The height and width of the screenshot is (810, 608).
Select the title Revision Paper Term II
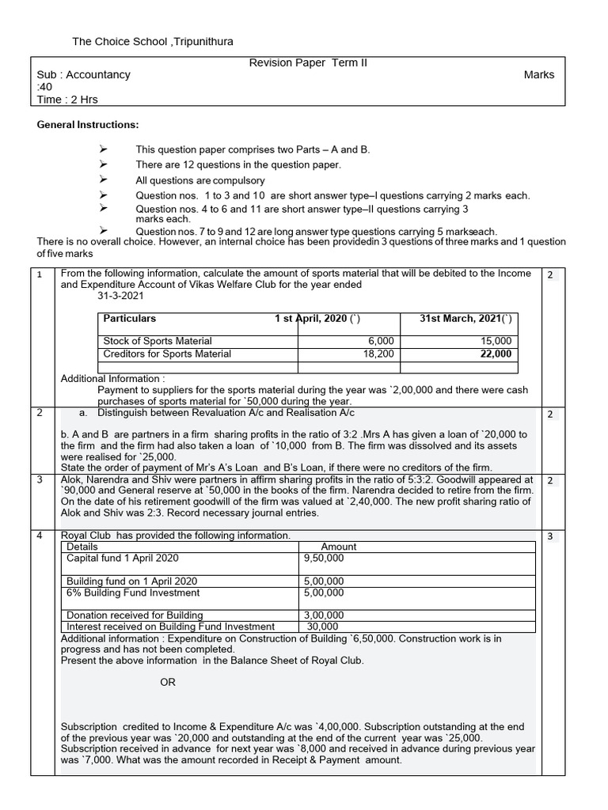pos(298,62)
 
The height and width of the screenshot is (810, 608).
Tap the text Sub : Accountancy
pos(84,75)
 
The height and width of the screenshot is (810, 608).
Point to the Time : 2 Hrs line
pos(68,100)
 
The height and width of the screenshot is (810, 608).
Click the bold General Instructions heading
pos(88,125)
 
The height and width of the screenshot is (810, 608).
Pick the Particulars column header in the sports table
pos(130,319)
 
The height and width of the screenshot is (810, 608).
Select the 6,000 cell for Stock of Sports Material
pos(380,341)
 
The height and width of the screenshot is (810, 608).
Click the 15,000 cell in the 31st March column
pos(495,341)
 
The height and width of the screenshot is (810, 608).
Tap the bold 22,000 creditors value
pos(495,354)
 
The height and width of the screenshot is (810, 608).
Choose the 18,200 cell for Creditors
pos(378,354)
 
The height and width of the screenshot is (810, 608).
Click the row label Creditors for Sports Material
pos(167,354)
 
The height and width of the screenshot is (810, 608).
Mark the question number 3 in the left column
pos(39,480)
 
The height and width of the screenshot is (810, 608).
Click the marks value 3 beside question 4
pos(549,536)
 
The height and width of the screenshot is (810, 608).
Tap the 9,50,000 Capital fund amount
pos(324,558)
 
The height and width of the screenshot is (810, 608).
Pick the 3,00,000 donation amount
pos(324,615)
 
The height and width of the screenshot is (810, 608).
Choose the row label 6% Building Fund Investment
pos(133,592)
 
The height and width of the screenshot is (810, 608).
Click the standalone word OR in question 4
pos(168,683)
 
